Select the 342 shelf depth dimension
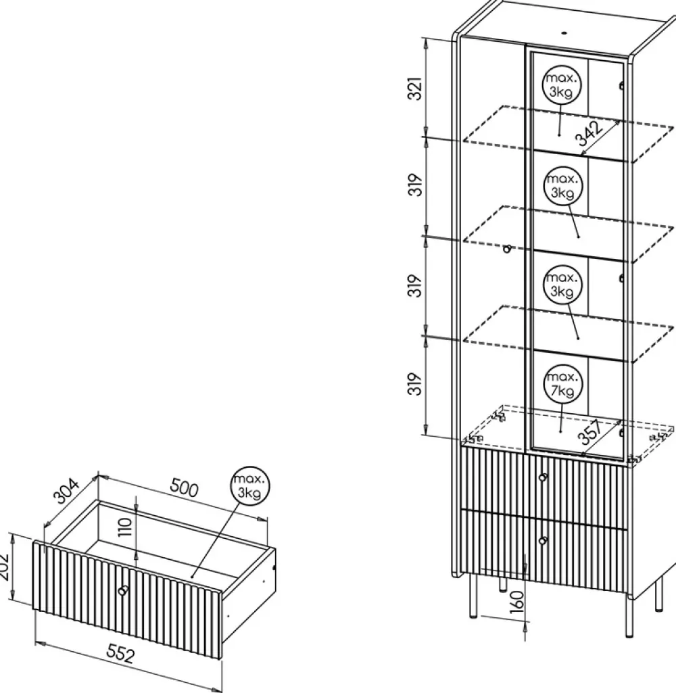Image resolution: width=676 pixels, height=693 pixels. click(x=590, y=134)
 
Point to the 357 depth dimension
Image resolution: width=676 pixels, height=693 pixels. click(x=591, y=432)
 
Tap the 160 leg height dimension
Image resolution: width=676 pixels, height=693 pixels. click(x=516, y=602)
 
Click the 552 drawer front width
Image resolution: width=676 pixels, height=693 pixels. click(x=120, y=653)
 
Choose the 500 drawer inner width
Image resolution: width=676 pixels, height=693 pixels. click(x=184, y=488)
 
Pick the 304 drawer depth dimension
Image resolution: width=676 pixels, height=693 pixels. click(x=66, y=491)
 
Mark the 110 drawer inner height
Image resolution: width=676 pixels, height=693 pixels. click(x=126, y=527)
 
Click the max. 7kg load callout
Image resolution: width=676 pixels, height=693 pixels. click(x=562, y=384)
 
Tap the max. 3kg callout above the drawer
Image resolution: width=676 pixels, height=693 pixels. click(x=249, y=485)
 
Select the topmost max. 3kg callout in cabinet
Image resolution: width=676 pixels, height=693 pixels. click(x=562, y=85)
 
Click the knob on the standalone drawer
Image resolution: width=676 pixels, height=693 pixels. click(x=123, y=591)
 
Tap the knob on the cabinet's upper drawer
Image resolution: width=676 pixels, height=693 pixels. click(x=543, y=477)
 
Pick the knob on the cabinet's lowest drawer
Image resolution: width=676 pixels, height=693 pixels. click(x=543, y=540)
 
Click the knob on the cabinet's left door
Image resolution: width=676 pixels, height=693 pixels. click(x=507, y=249)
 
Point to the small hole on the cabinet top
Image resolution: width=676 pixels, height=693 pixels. click(x=564, y=32)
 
